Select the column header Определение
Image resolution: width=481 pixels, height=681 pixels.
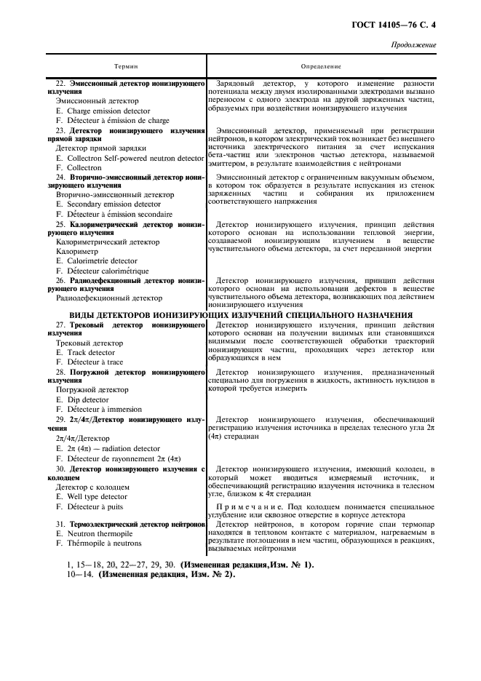click(321, 66)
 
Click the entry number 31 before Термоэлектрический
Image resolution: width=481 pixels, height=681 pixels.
click(60, 524)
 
